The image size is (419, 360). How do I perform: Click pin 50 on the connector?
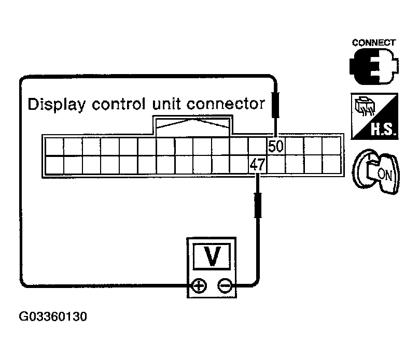276,147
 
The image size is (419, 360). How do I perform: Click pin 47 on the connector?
258,165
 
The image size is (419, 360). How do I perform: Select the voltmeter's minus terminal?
224,285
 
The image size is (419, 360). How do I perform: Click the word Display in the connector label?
57,104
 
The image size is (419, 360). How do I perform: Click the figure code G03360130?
53,316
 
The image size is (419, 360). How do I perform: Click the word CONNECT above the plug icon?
374,43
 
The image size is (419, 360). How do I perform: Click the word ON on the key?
384,174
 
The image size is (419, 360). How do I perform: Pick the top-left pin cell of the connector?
54,147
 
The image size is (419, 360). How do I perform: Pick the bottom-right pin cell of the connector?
331,165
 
